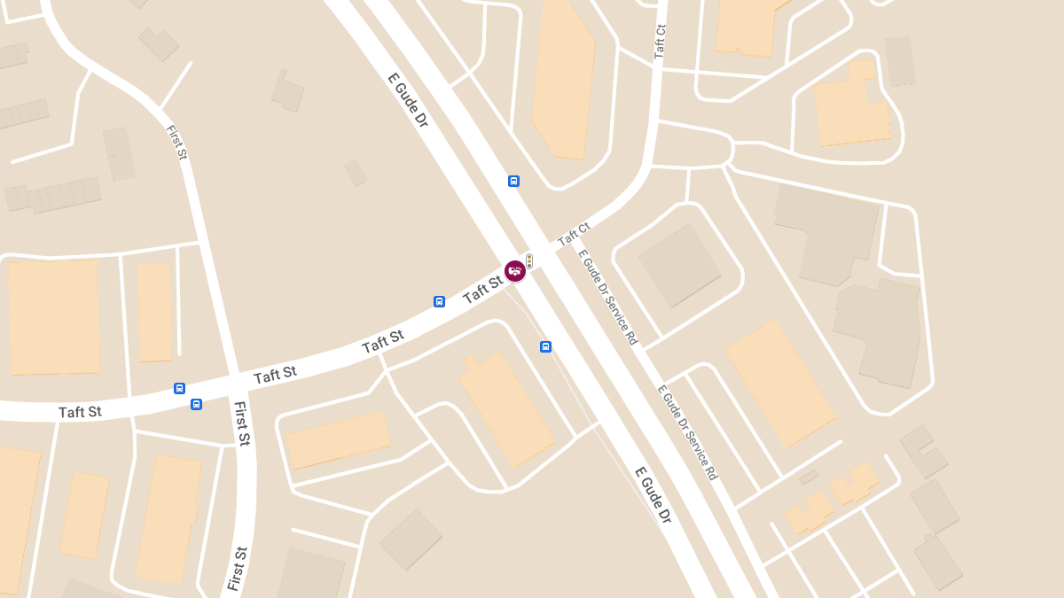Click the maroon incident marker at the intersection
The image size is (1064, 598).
click(515, 271)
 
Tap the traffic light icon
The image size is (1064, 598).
click(529, 260)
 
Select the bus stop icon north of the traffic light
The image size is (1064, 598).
click(513, 181)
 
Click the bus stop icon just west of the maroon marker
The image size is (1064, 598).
click(439, 301)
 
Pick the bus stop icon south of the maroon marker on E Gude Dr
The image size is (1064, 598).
click(545, 346)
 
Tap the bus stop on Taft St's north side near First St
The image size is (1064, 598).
click(179, 388)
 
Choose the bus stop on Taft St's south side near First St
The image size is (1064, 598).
click(196, 404)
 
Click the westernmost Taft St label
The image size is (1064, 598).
click(80, 412)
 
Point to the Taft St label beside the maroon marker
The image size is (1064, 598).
click(483, 288)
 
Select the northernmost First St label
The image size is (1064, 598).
click(177, 142)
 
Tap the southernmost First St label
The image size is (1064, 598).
click(236, 568)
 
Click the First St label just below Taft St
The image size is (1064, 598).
click(241, 423)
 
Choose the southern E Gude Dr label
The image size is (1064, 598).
click(653, 494)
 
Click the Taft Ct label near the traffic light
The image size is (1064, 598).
click(574, 235)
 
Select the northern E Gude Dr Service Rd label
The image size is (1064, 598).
click(608, 297)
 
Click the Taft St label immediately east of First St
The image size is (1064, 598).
click(275, 375)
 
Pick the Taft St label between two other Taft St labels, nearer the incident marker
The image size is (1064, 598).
click(383, 341)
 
